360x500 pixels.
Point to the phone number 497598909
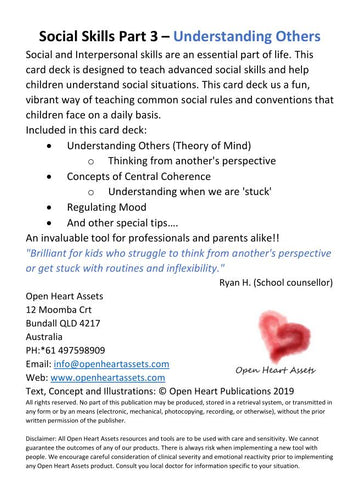click(x=85, y=350)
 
